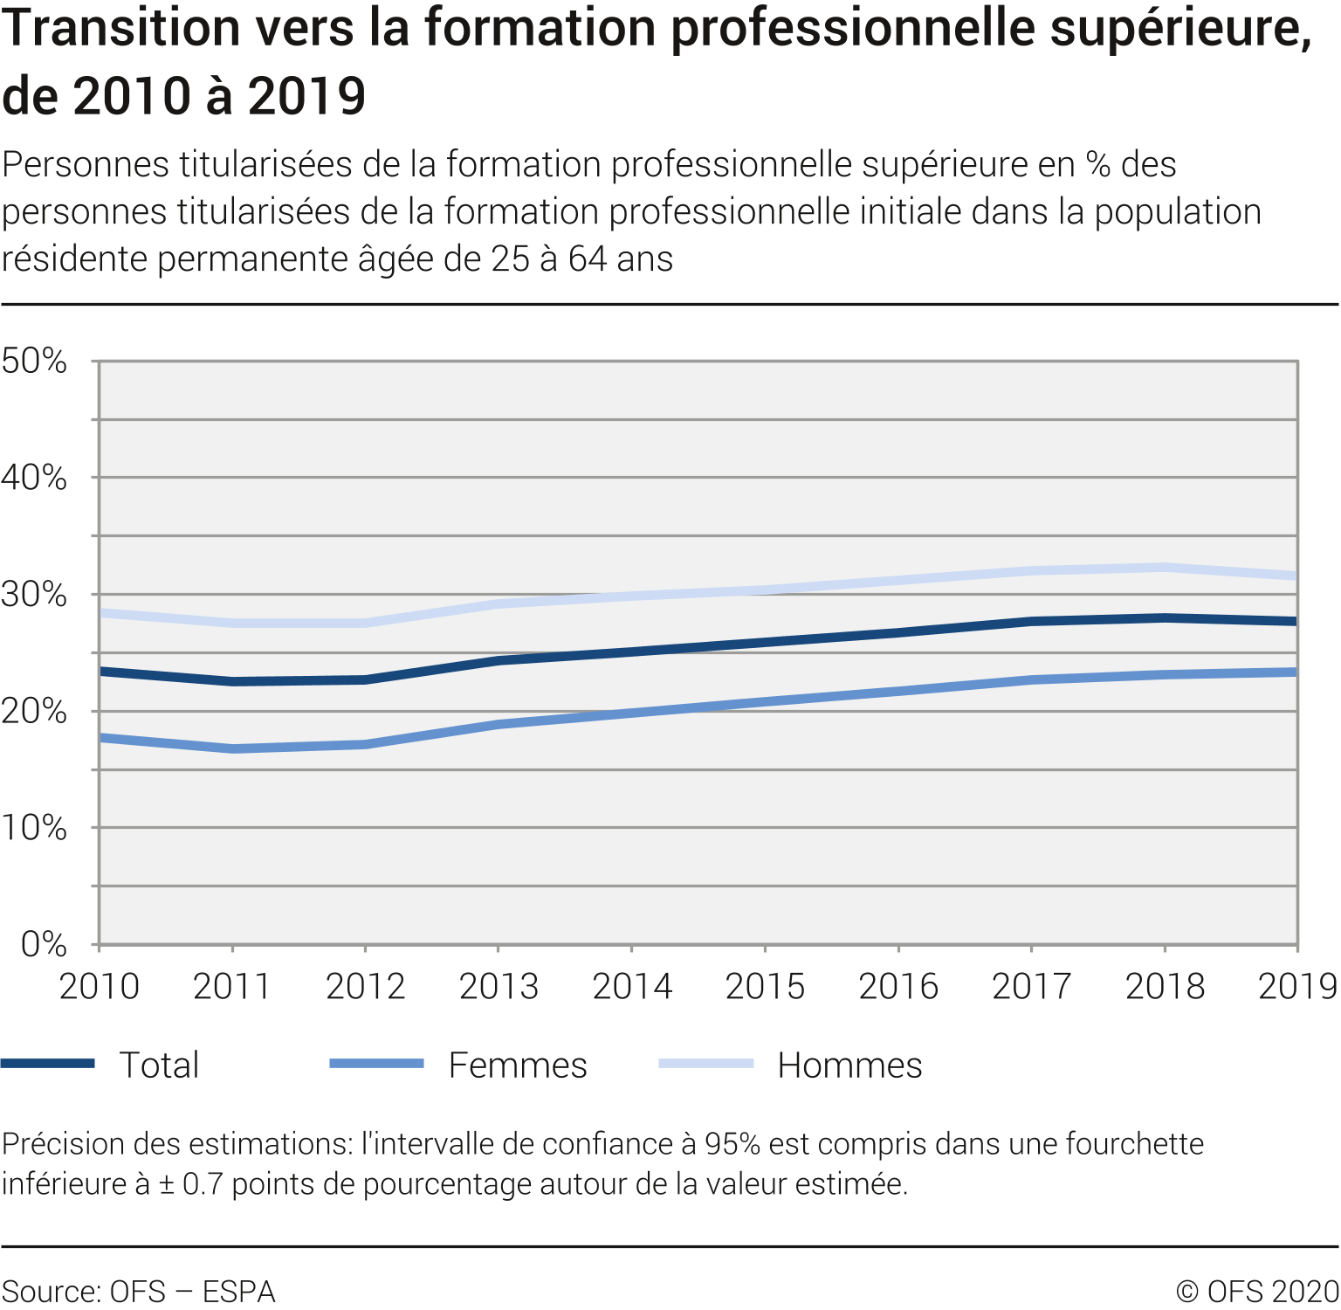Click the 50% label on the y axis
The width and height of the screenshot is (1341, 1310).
[x=34, y=361]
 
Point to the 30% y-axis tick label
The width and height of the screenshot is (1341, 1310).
[x=34, y=595]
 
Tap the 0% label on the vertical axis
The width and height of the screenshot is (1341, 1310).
[x=44, y=944]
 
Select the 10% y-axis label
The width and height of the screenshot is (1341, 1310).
[x=34, y=828]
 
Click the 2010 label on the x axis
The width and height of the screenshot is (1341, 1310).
[x=99, y=986]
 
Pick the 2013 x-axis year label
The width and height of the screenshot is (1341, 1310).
[x=499, y=986]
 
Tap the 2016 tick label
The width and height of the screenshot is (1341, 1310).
[x=898, y=986]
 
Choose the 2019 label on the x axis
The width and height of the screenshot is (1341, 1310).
[x=1297, y=986]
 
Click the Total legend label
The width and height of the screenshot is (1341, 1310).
[x=159, y=1065]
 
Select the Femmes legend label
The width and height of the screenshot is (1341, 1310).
[x=518, y=1065]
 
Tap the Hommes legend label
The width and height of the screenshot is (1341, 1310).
[x=849, y=1065]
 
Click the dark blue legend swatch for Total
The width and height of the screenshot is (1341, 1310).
[x=48, y=1064]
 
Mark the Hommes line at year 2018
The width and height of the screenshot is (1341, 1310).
[x=1165, y=568]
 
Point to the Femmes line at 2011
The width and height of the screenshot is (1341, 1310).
[x=232, y=748]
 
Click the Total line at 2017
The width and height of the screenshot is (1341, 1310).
[x=1031, y=622]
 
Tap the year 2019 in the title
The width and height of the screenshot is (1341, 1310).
[x=306, y=96]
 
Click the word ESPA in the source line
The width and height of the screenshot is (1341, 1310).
[x=238, y=1292]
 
